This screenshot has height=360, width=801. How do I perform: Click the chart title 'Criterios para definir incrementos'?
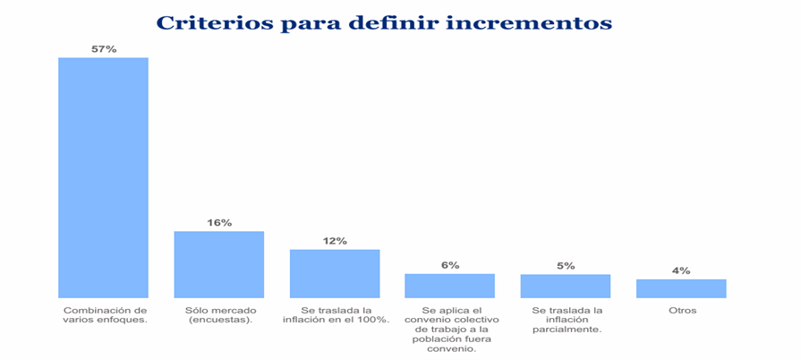click(384, 22)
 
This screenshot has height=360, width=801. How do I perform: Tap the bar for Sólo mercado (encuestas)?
click(218, 264)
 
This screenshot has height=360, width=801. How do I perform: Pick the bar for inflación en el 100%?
click(334, 273)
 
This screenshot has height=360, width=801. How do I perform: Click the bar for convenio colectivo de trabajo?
click(449, 286)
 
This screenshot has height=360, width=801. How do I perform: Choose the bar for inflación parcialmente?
click(565, 286)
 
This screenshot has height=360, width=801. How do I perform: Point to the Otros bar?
click(680, 288)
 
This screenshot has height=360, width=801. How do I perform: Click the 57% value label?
click(104, 49)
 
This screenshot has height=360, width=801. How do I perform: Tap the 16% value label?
click(219, 222)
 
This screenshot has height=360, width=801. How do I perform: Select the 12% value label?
click(335, 241)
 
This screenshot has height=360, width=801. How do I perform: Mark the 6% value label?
click(449, 265)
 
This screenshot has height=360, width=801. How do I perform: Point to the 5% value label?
click(565, 266)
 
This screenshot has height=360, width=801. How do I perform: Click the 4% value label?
click(680, 270)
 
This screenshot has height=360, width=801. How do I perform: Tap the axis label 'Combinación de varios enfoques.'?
click(104, 315)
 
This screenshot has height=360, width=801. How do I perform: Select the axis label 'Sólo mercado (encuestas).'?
click(218, 315)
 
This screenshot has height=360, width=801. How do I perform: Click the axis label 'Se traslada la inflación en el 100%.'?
click(335, 315)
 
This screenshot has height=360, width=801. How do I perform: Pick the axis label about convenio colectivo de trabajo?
click(449, 329)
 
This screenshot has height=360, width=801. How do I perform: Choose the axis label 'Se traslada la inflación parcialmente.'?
click(566, 320)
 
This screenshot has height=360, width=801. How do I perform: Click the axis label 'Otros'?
click(681, 311)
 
